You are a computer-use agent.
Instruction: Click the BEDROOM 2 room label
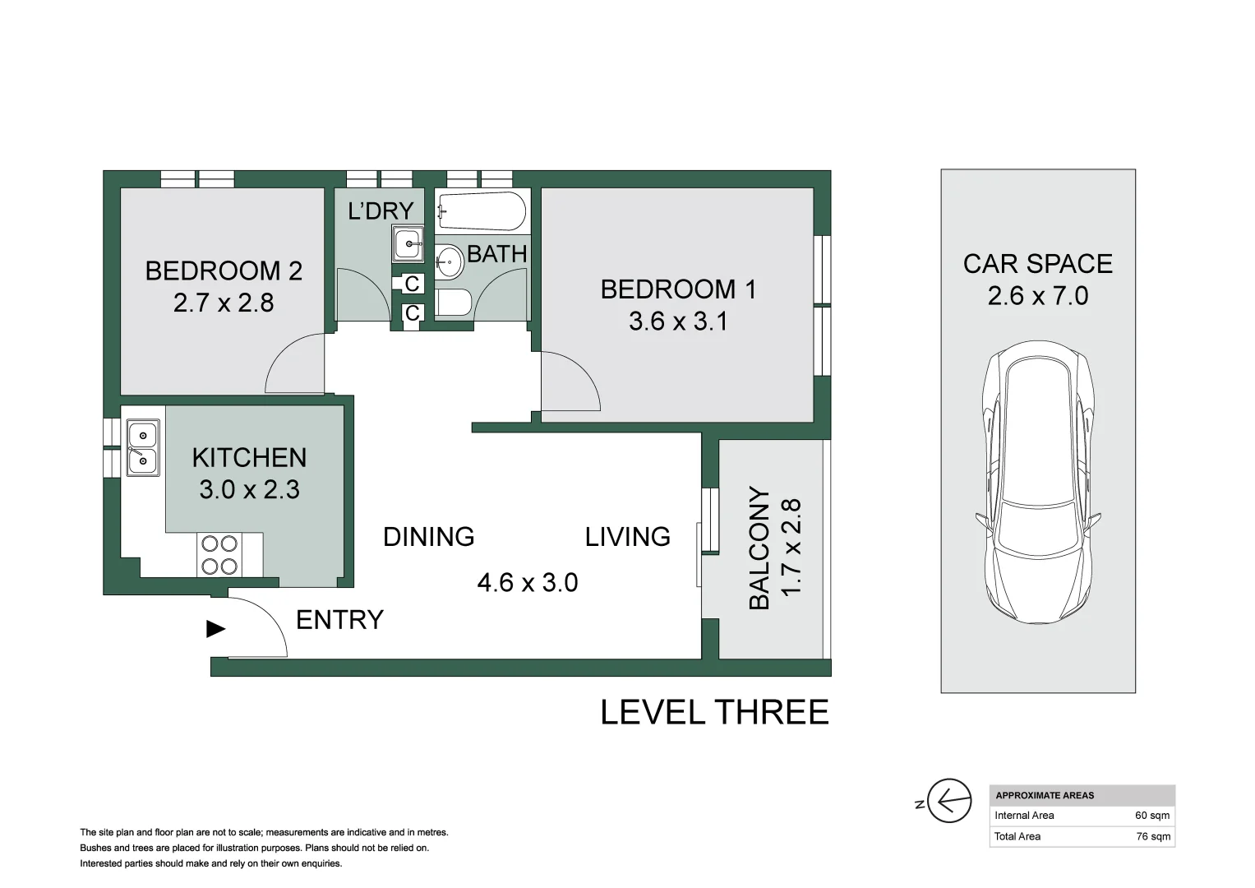coord(224,271)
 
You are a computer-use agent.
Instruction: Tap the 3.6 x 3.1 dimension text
coord(678,321)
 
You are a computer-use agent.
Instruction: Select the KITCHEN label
coord(249,458)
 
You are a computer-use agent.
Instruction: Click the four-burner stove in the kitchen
coord(219,555)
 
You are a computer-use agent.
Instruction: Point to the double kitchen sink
coord(143,448)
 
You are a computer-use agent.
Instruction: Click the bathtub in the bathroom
coord(482,211)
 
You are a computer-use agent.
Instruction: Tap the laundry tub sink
coord(408,244)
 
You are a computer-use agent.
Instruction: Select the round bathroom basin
coord(450,261)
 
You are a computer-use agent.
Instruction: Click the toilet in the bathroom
coord(453,303)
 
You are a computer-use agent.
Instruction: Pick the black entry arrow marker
coord(215,629)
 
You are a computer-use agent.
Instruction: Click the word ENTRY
coord(339,620)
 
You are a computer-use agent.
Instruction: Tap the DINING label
coord(428,537)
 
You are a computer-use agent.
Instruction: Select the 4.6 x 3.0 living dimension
coord(527,583)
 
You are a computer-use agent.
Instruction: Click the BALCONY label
coord(759,548)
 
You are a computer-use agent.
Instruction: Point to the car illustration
coord(1038,482)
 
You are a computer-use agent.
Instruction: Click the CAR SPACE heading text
coord(1038,264)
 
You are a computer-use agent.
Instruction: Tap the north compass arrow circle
coord(949,801)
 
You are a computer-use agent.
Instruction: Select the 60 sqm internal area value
coord(1152,816)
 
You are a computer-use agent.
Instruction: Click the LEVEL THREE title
coord(714,713)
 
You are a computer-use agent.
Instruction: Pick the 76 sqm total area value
coord(1153,836)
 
